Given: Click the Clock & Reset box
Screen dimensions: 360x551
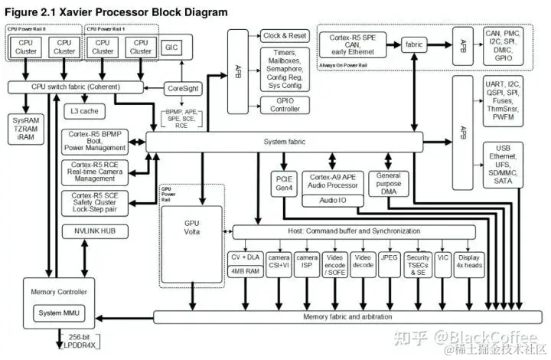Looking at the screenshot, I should [284, 36].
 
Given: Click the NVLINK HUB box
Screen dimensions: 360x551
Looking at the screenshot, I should [95, 231].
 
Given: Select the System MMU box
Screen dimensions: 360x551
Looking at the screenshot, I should [60, 313].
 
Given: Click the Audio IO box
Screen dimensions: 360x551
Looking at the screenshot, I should [331, 200].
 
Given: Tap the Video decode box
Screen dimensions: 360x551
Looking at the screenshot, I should [362, 261].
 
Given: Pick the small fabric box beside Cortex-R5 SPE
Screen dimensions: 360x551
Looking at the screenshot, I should [415, 44].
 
